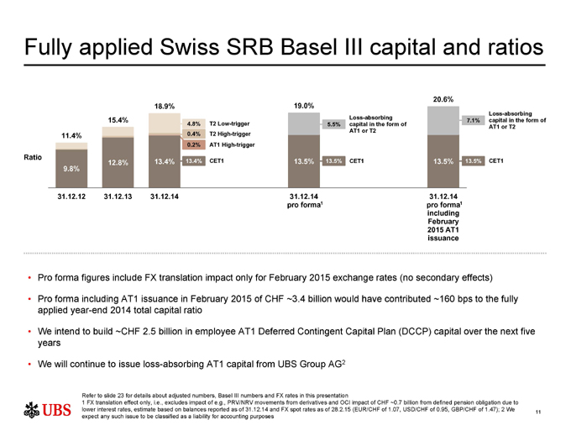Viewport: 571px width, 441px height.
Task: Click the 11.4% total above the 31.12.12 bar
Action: click(71, 136)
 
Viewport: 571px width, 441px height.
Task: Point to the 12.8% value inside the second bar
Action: click(118, 162)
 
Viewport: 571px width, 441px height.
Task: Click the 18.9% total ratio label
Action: click(164, 107)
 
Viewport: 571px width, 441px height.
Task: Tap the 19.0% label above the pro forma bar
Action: click(304, 106)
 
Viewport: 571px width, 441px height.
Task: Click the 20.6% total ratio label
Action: click(443, 99)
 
